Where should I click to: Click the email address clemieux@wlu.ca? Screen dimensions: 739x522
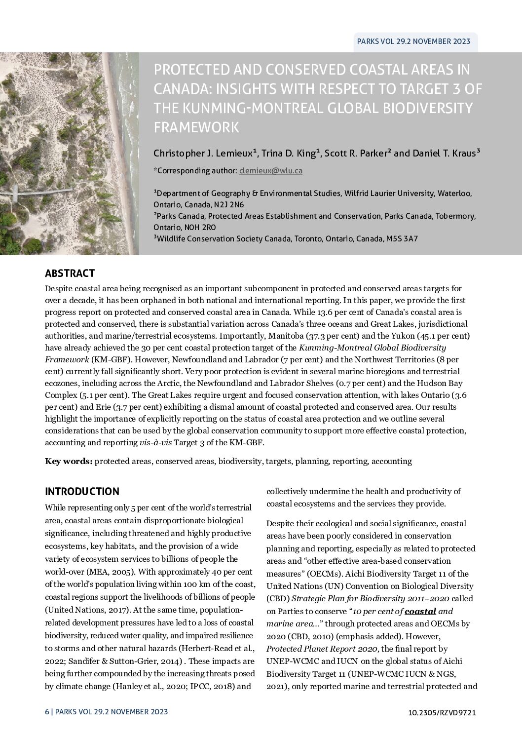click(x=270, y=171)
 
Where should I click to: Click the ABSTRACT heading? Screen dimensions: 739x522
click(x=70, y=273)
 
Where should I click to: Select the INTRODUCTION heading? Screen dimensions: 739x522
click(x=82, y=492)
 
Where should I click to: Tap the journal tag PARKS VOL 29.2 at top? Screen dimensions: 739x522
click(x=413, y=41)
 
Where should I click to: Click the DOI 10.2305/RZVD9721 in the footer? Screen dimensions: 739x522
click(x=442, y=712)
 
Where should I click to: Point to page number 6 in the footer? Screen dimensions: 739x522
click(x=47, y=712)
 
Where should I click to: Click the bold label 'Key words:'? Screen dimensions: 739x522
click(x=69, y=462)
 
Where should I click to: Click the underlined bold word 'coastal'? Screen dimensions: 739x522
click(x=420, y=612)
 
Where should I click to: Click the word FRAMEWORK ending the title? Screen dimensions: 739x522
click(x=196, y=127)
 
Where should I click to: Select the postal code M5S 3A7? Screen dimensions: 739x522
click(x=402, y=239)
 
